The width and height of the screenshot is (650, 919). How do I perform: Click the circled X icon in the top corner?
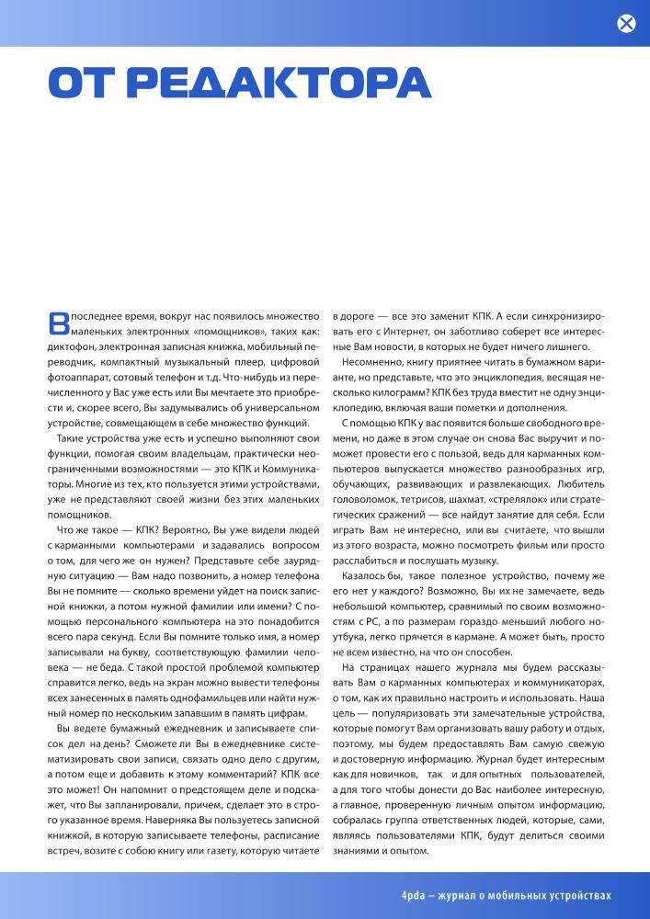coord(626,24)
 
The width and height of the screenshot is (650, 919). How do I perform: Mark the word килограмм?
coord(382,391)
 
